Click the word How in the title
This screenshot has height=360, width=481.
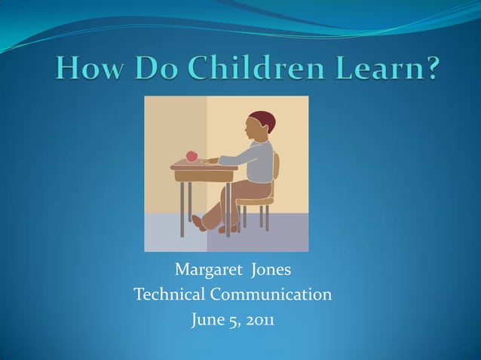85,69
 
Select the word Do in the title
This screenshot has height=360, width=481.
147,69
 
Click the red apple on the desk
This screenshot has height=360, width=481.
191,156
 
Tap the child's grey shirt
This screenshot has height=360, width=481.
256,160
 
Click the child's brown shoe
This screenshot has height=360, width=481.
199,222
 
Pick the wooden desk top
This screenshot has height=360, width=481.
204,166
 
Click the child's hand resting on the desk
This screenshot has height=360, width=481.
208,160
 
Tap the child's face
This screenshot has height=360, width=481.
253,130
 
